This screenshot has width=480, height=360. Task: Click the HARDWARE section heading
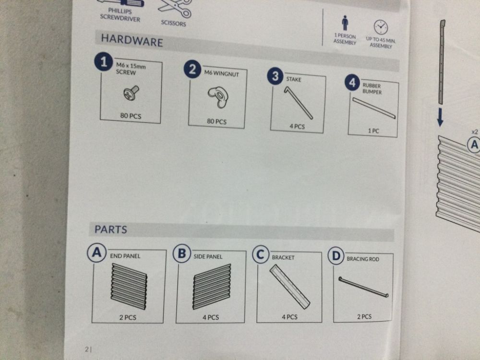point(132,40)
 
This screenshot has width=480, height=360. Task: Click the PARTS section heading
point(111,229)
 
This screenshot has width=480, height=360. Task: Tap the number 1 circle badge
point(104,61)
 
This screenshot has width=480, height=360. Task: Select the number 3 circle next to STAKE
point(275,76)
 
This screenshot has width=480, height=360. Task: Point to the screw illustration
point(132,93)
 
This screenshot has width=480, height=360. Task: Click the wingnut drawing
point(217,97)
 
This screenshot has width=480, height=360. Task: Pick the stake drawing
point(298,102)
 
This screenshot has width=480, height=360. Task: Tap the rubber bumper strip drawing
point(374,108)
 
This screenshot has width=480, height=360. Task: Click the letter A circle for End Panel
point(97,253)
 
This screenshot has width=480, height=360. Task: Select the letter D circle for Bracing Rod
point(336,255)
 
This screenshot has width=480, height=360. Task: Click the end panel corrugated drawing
point(129,286)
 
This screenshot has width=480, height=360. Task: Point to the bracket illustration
point(289,287)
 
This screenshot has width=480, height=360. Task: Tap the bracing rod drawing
point(363,287)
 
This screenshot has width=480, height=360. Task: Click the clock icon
point(381,27)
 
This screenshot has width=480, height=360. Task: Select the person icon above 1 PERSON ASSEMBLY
point(345,23)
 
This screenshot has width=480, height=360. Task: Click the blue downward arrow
point(440,117)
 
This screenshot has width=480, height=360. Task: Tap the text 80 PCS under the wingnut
point(217,121)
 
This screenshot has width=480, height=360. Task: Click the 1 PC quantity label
point(373,131)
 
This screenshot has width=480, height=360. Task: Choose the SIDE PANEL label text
point(208,256)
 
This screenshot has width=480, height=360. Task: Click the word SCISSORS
point(174,23)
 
